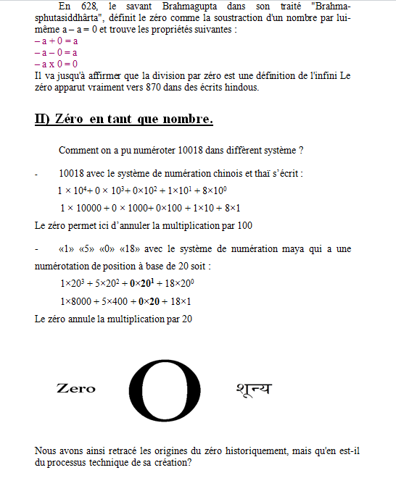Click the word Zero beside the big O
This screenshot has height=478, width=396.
(75, 389)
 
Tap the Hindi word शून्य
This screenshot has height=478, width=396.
(253, 389)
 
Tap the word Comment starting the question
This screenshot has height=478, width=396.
(78, 151)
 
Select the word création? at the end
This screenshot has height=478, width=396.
(173, 462)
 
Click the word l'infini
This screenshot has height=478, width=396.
(323, 75)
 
